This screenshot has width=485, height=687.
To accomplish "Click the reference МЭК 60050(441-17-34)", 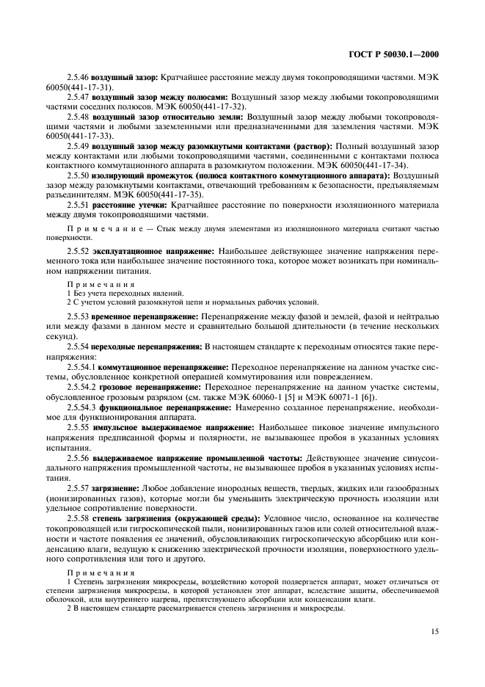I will (368, 165).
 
